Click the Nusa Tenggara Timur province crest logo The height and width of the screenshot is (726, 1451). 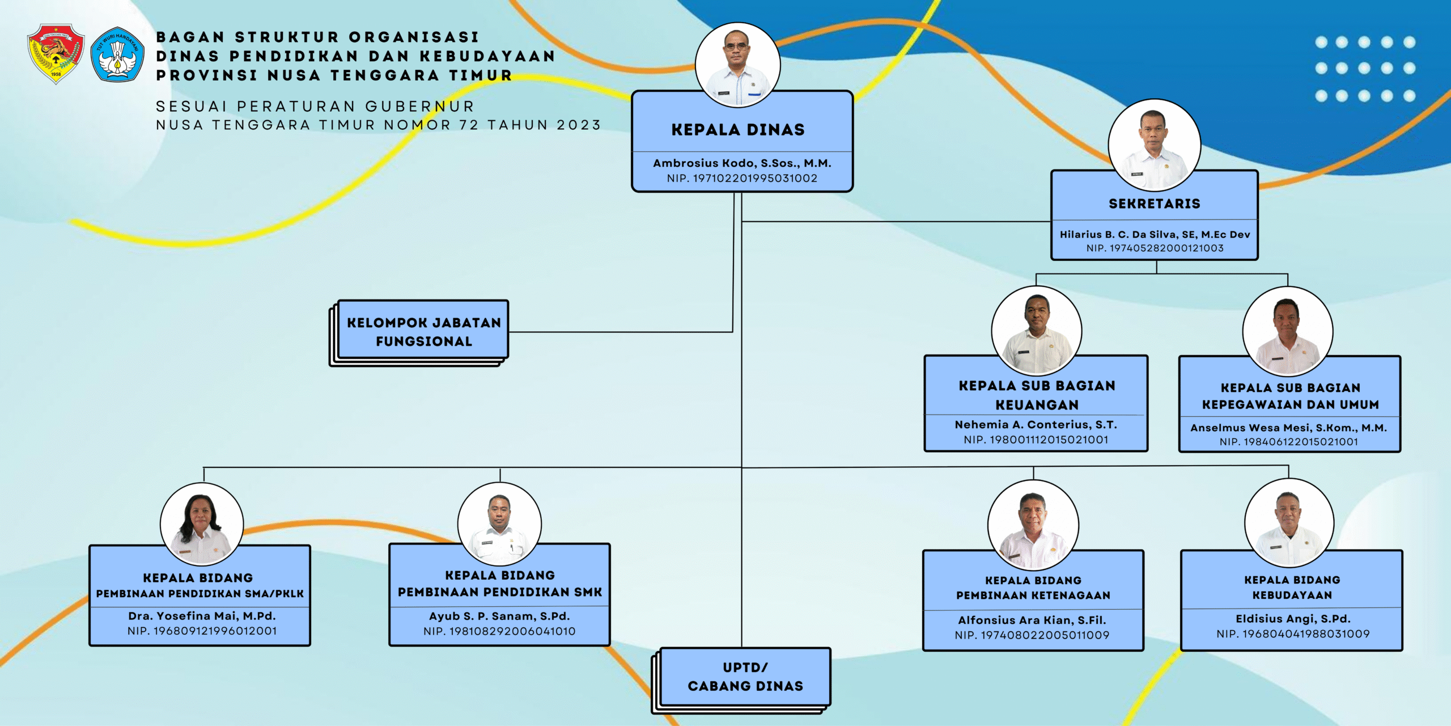coord(56,54)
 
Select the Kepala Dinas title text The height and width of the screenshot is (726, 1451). coord(738,130)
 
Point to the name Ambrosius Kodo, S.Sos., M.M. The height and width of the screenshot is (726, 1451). coord(742,163)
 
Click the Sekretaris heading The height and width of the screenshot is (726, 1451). coord(1155,204)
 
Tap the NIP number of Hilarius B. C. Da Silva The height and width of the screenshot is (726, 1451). coord(1155,248)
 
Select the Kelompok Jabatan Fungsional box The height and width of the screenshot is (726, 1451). coord(423,332)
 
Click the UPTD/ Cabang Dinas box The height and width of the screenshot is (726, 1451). coord(745,677)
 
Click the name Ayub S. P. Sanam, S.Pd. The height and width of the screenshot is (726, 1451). coord(499,616)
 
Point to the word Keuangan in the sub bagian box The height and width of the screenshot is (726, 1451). coord(1037,405)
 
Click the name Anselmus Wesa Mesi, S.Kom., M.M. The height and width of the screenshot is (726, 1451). coord(1288,428)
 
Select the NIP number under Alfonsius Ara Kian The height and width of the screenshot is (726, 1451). coord(1032,635)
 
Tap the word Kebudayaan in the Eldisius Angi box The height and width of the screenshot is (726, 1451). coord(1292,595)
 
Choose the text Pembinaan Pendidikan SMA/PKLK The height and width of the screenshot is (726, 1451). coord(200,594)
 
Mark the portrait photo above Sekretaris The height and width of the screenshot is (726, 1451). coord(1154,145)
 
